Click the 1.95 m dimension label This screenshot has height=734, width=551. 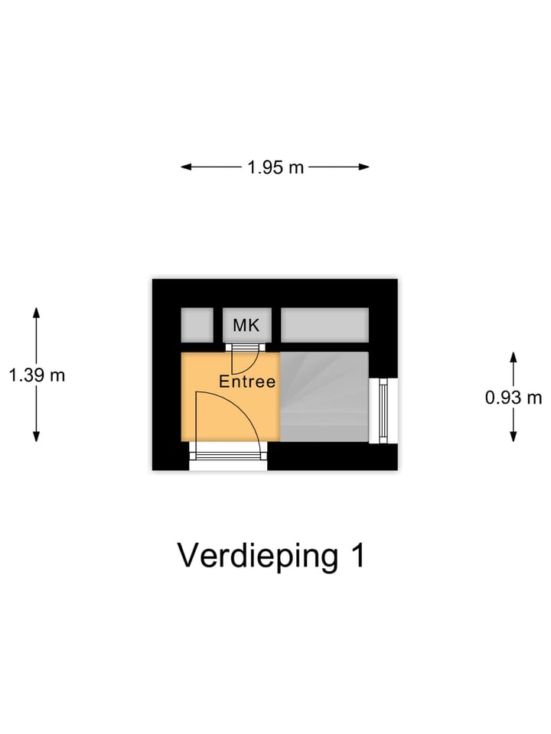[x=275, y=167]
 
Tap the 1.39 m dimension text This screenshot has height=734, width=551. [x=37, y=375]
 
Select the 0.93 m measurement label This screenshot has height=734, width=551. [x=514, y=398]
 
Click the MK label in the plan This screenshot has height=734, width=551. [x=246, y=326]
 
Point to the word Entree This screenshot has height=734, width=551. [x=247, y=382]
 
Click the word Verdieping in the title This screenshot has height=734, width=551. [x=258, y=557]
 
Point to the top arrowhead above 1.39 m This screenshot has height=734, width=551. [x=36, y=312]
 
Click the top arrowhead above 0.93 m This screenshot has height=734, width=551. [x=514, y=356]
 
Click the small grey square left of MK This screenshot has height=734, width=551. [x=196, y=324]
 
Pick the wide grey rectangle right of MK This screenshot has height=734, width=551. [x=324, y=324]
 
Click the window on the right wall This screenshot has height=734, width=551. [x=383, y=411]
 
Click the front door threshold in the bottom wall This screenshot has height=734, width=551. [x=228, y=456]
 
